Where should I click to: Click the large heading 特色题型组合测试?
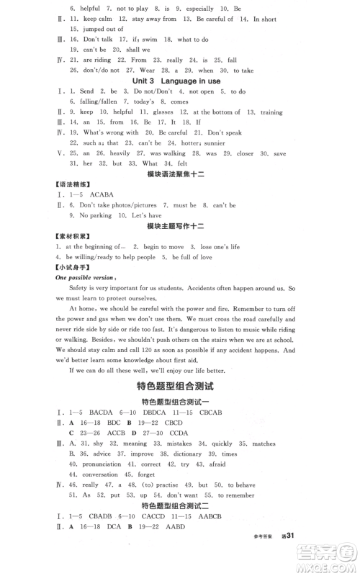(180, 387)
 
